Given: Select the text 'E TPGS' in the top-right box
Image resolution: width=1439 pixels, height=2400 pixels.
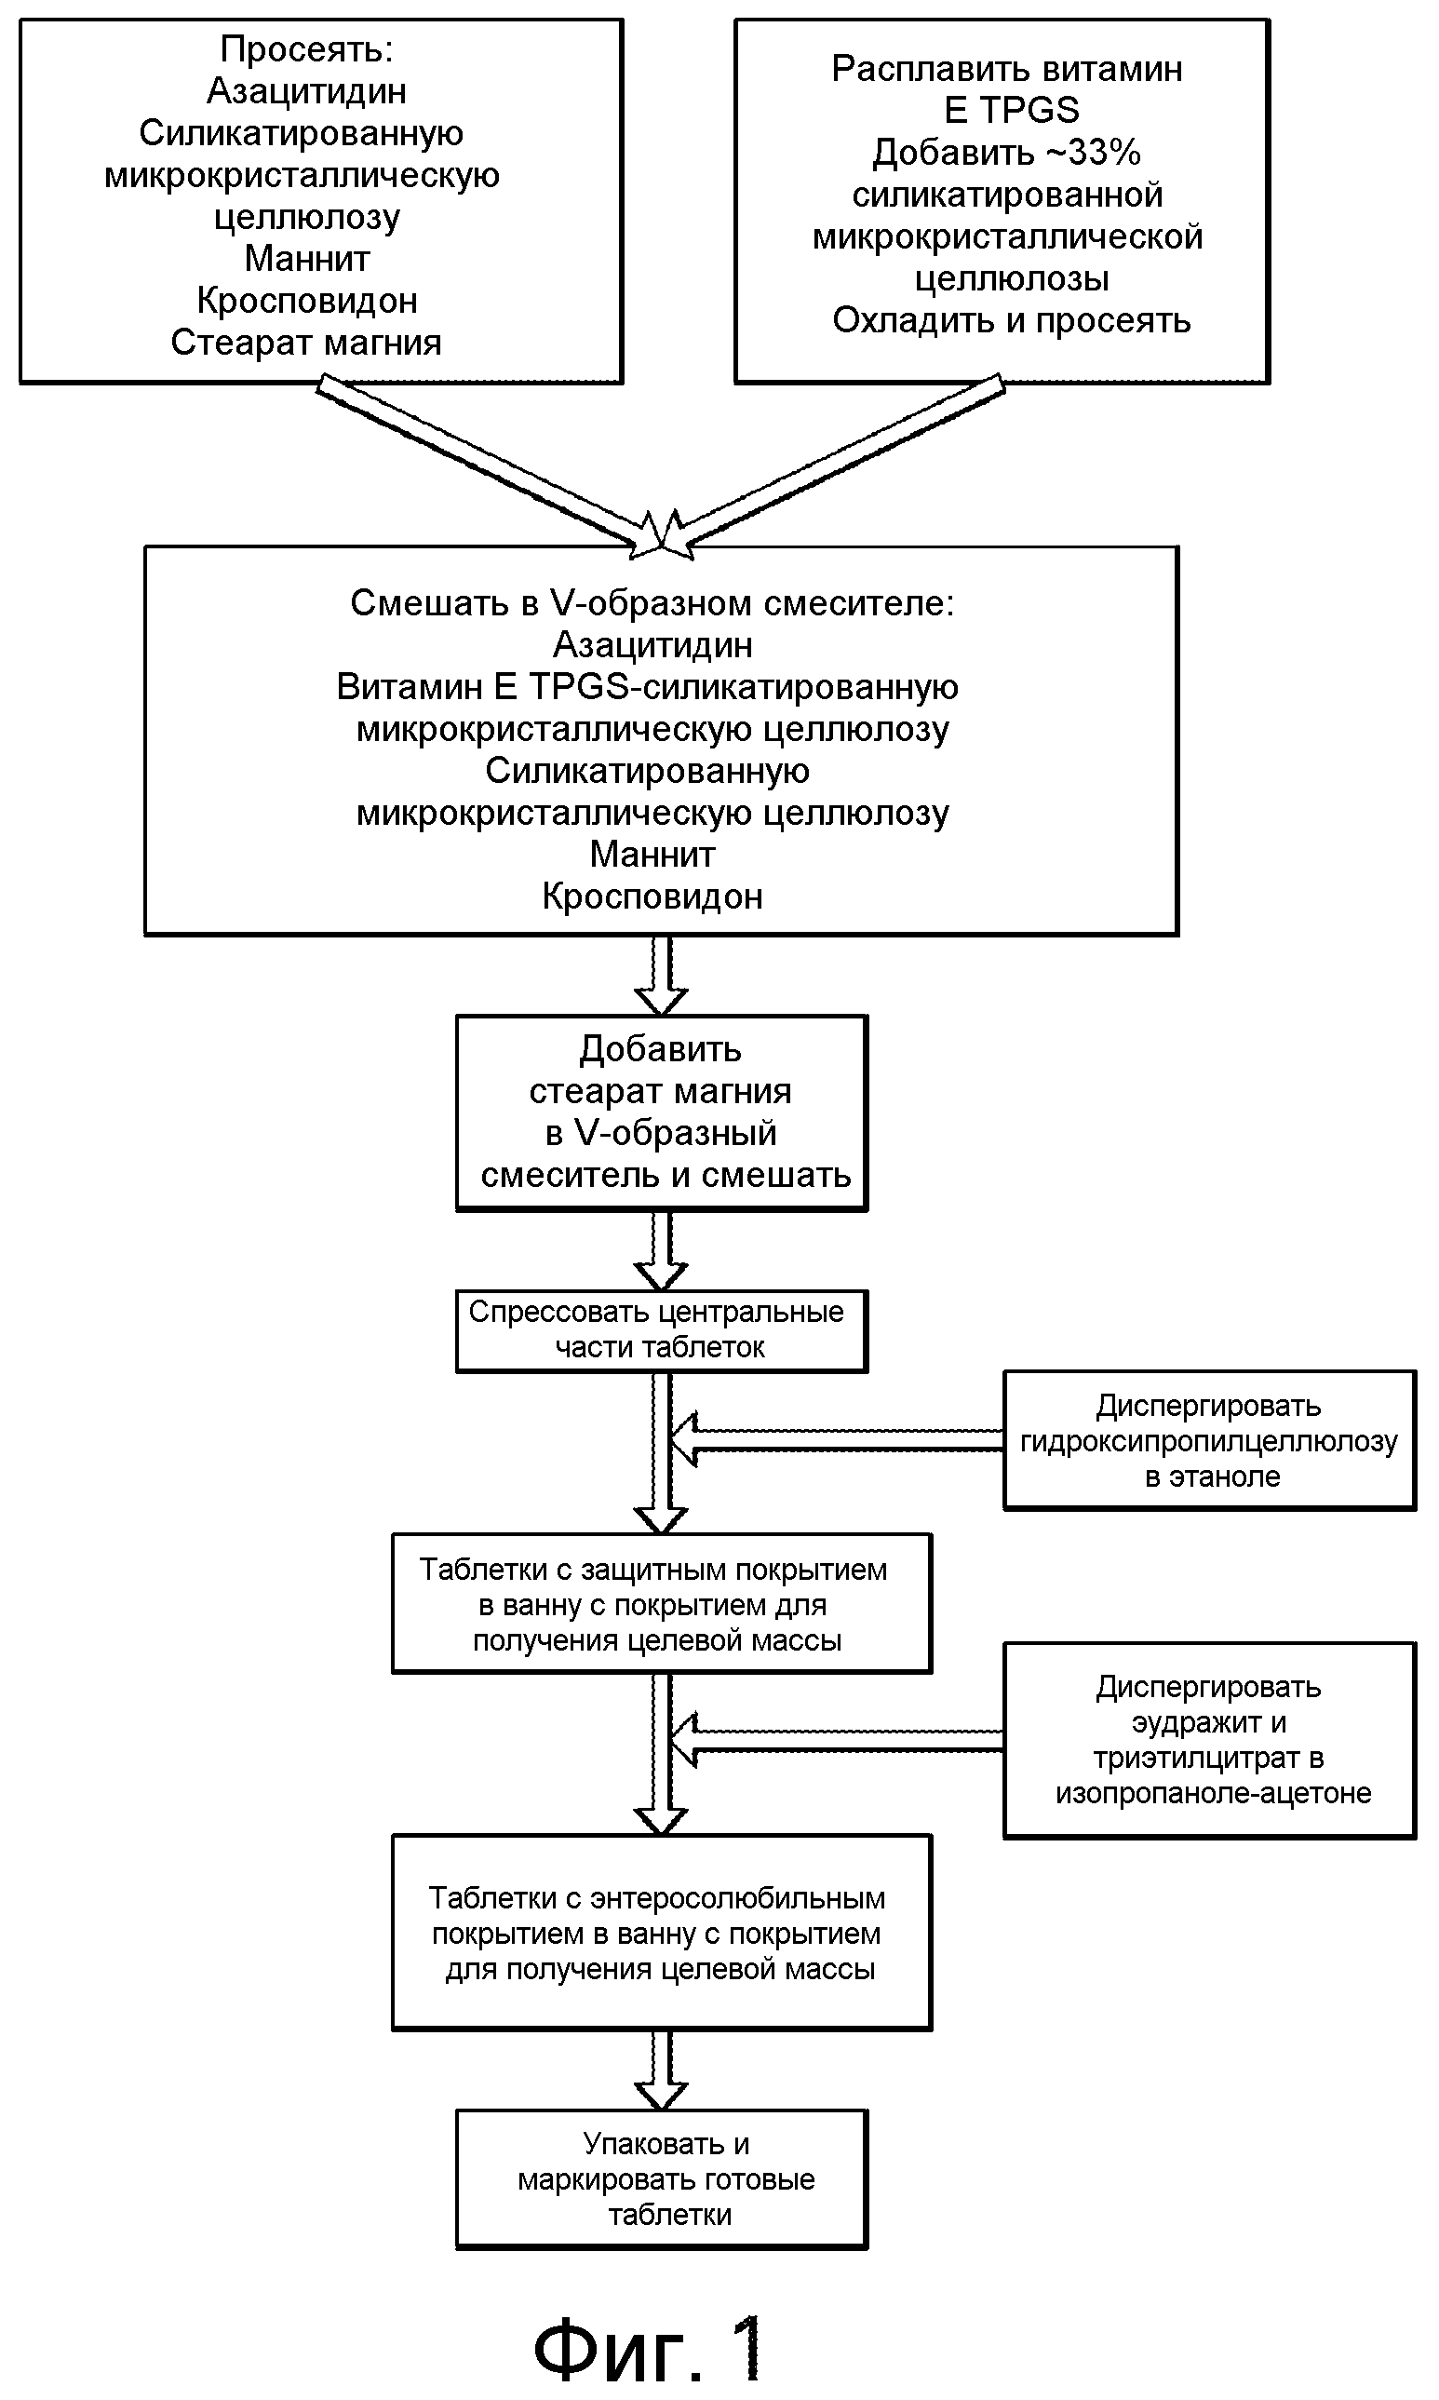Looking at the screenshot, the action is pyautogui.click(x=1011, y=111).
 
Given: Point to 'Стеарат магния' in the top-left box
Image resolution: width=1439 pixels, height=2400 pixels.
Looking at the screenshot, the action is pyautogui.click(x=306, y=343).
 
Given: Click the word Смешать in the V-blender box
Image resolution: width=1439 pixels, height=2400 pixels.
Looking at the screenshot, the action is pyautogui.click(x=430, y=603).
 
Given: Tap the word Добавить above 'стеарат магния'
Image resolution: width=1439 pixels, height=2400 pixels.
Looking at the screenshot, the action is pyautogui.click(x=660, y=1049).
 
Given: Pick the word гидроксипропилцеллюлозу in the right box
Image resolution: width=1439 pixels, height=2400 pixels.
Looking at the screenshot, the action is pyautogui.click(x=1209, y=1441).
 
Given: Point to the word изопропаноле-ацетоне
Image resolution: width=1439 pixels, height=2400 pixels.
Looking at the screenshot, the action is pyautogui.click(x=1213, y=1793).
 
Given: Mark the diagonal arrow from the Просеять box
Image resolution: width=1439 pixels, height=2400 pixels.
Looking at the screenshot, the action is pyautogui.click(x=490, y=467).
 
